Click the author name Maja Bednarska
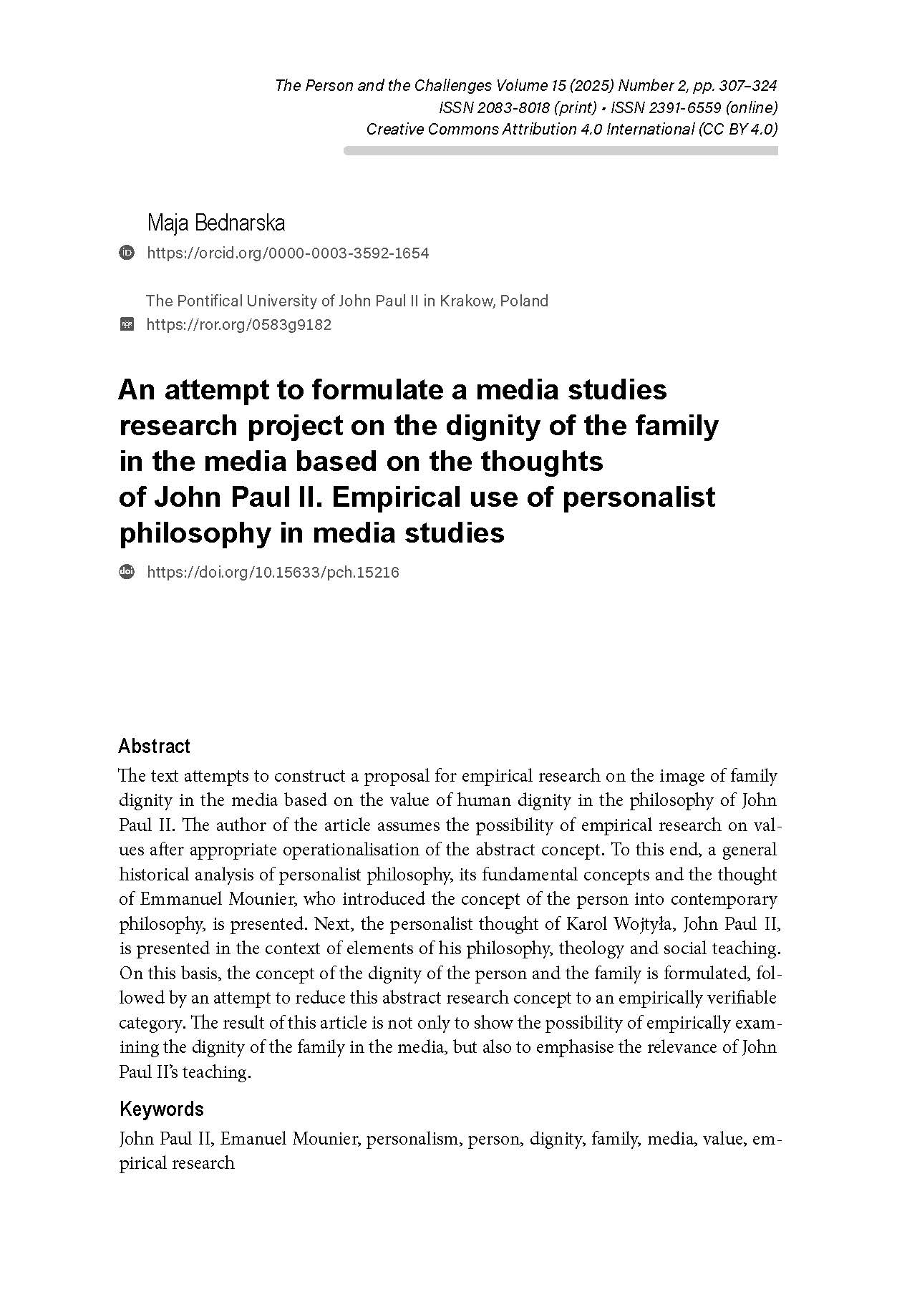pyautogui.click(x=215, y=223)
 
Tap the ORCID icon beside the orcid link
pyautogui.click(x=127, y=253)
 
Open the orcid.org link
pyautogui.click(x=287, y=253)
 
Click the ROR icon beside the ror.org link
pyautogui.click(x=127, y=324)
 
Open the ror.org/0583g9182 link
pyautogui.click(x=238, y=324)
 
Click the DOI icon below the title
pyautogui.click(x=127, y=572)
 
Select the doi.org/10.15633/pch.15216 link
pyautogui.click(x=273, y=572)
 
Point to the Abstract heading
pyautogui.click(x=154, y=747)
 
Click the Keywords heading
pyautogui.click(x=161, y=1109)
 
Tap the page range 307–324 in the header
pyautogui.click(x=749, y=86)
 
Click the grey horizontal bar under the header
pyautogui.click(x=561, y=151)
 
